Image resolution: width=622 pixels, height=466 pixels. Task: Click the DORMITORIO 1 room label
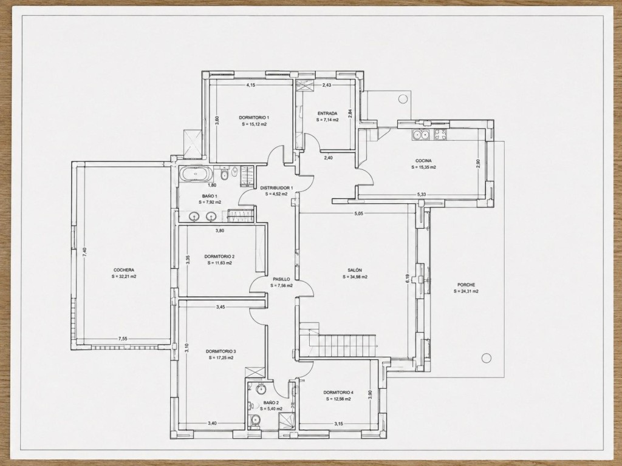(254, 117)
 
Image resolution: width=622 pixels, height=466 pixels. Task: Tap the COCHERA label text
(123, 270)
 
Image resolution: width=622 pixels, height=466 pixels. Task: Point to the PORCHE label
(466, 285)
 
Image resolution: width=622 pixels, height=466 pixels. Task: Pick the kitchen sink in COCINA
(420, 135)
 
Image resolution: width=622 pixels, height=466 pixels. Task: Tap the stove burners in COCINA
(440, 135)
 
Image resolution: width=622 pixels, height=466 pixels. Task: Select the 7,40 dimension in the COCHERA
(84, 252)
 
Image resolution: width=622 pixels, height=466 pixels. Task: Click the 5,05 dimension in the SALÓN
(358, 214)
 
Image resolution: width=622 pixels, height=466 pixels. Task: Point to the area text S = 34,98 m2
(355, 277)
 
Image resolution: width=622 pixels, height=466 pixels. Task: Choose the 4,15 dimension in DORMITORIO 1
(251, 85)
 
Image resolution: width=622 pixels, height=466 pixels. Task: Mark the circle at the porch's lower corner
(487, 358)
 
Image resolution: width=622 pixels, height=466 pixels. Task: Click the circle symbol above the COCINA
(403, 99)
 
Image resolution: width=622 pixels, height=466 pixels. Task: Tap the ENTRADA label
(327, 113)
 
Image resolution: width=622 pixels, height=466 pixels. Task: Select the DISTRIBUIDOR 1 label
(276, 188)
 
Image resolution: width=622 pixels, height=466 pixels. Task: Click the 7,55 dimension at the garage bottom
(123, 339)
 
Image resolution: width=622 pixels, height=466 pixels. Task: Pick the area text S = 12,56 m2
(338, 399)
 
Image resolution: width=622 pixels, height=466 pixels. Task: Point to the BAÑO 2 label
(271, 403)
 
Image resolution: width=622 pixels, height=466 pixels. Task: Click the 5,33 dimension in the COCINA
(422, 194)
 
